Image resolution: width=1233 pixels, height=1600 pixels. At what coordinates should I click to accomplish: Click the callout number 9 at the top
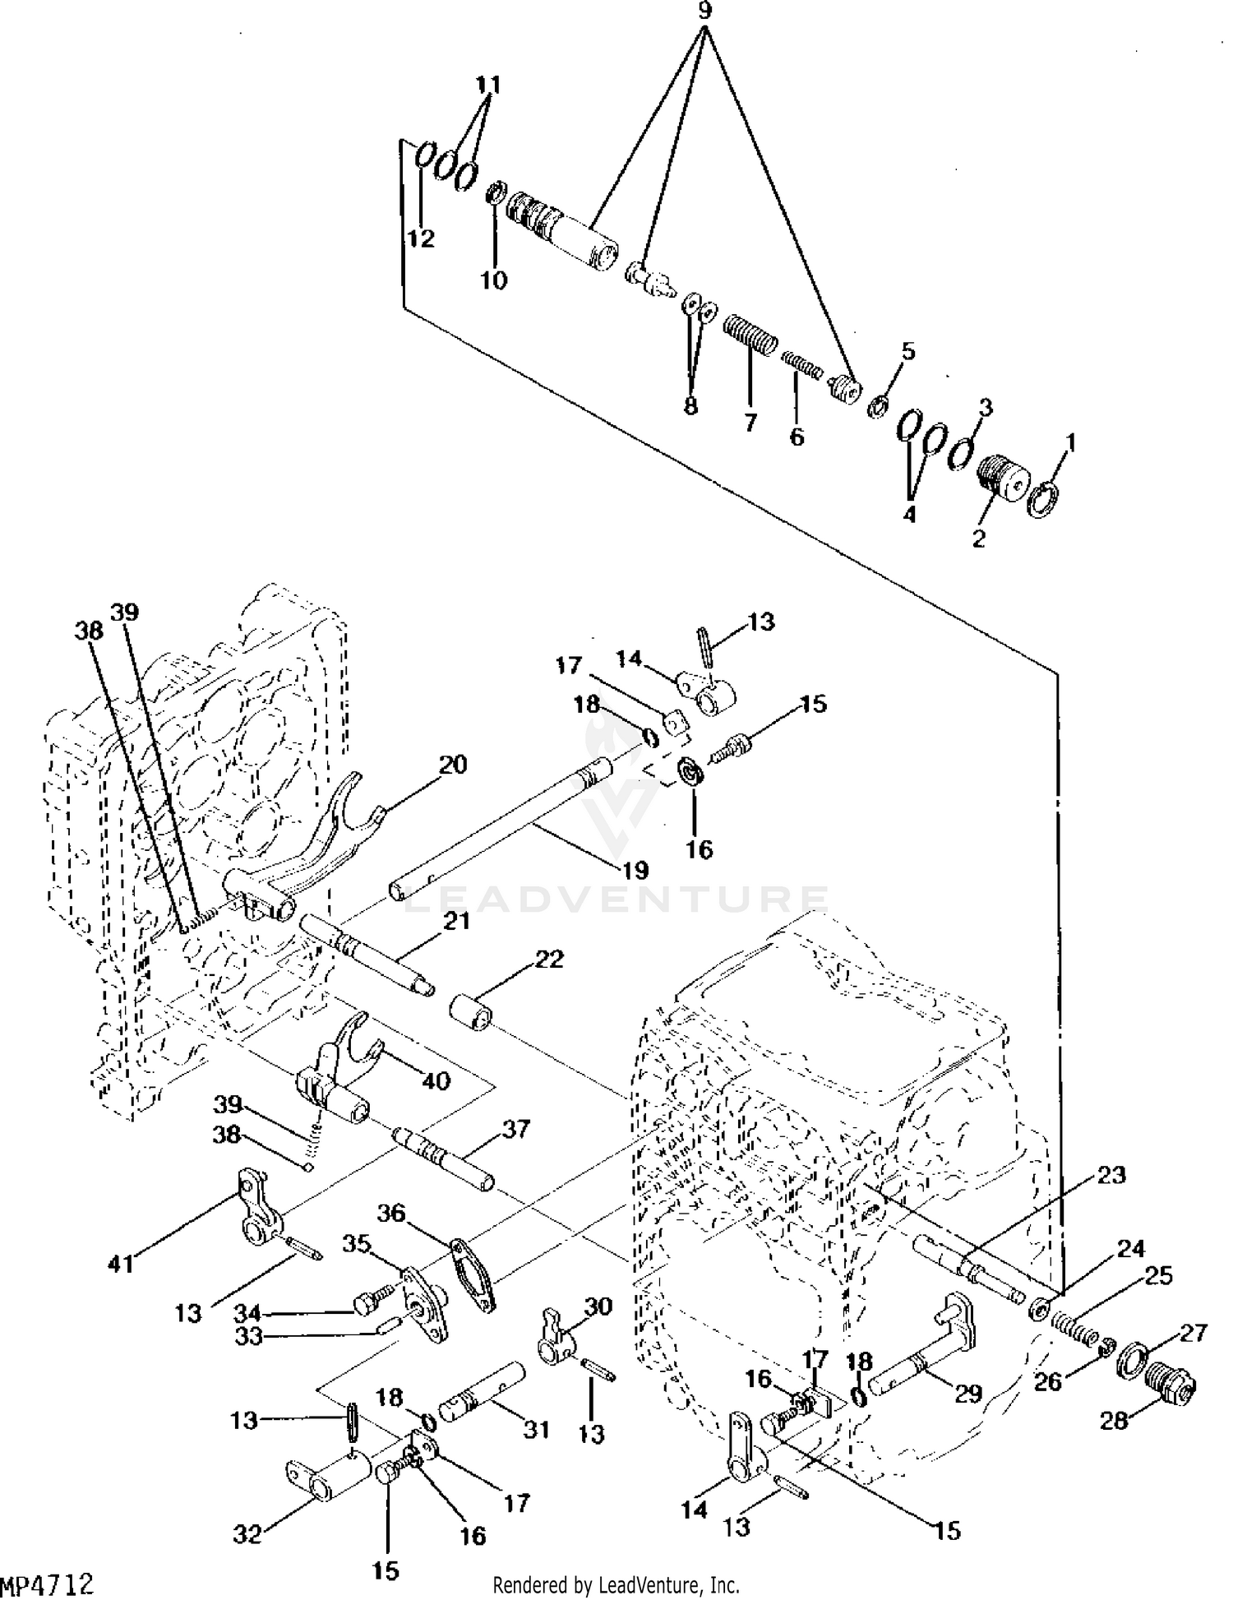click(x=704, y=11)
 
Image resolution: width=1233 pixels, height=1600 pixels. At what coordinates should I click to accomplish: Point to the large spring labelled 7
click(x=750, y=336)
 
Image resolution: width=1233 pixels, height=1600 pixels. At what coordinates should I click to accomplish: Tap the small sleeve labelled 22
click(x=472, y=1010)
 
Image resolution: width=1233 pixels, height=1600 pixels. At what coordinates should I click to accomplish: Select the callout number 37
click(x=517, y=1130)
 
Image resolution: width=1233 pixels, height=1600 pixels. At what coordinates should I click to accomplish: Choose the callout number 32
click(x=249, y=1533)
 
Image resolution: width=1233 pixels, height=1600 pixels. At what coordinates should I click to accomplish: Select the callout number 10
click(x=494, y=280)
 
